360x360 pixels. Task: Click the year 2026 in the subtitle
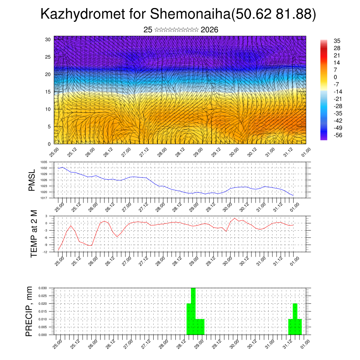210,30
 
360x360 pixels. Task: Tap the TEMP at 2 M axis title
34,233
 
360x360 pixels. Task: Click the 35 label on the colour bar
337,41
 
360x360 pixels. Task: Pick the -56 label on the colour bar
338,135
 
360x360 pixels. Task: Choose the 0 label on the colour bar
335,77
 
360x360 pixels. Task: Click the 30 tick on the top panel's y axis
48,39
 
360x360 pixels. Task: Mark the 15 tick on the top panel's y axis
48,92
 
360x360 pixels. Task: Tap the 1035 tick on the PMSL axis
44,162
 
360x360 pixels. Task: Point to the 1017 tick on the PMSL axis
44,198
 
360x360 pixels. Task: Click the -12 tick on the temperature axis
45,252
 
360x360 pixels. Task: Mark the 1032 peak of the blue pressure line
63,167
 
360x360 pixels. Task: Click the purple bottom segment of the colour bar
324,137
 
